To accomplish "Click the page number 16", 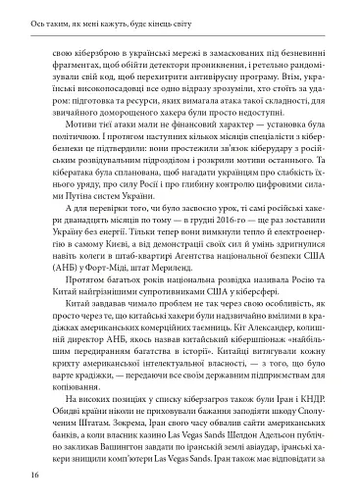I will pyautogui.click(x=34, y=475).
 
